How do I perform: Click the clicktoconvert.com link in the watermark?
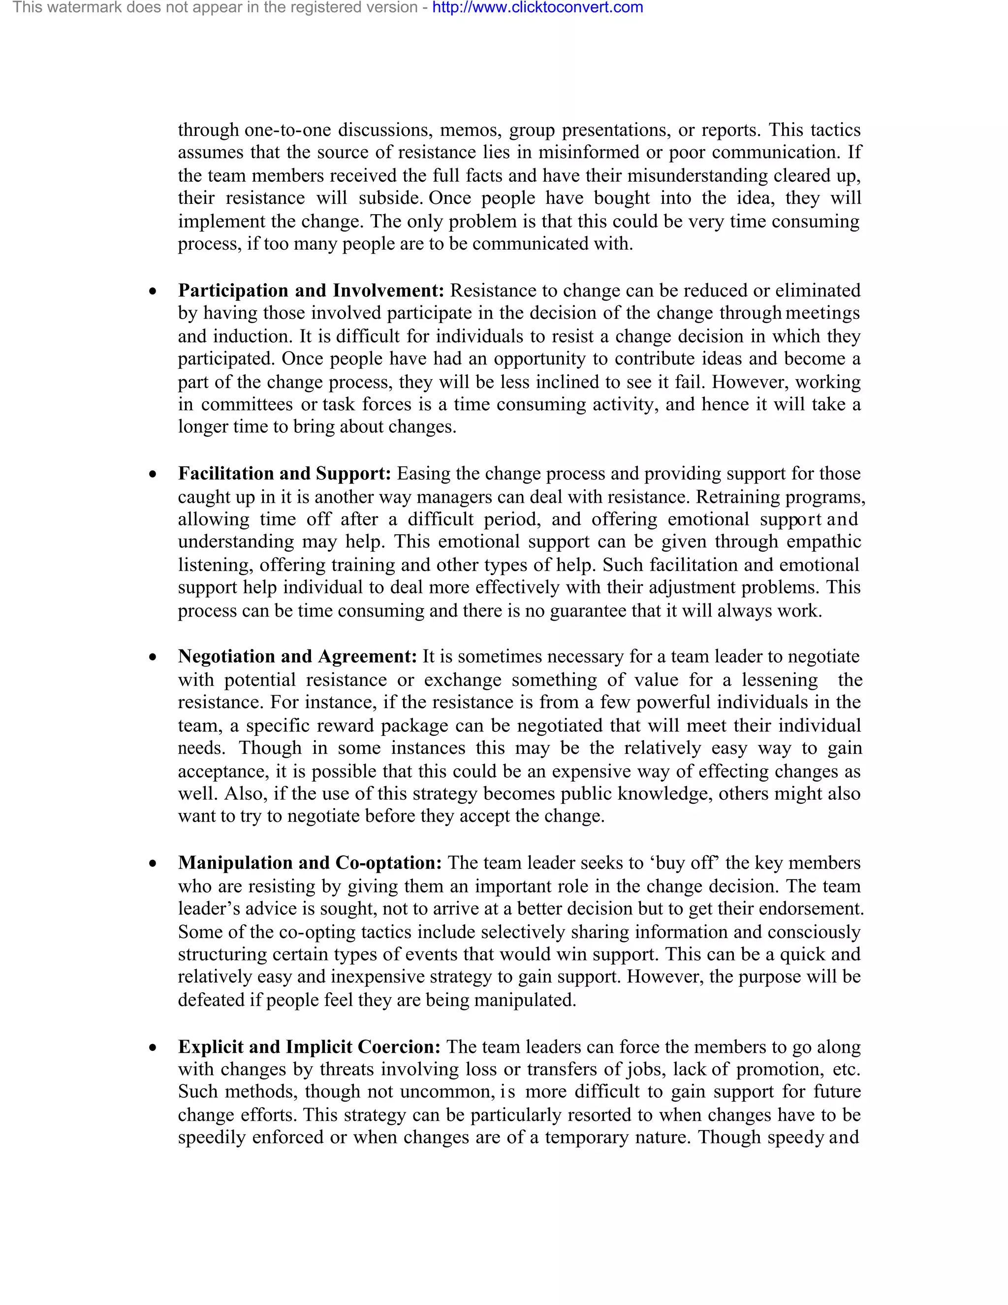click(537, 8)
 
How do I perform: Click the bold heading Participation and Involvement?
click(311, 291)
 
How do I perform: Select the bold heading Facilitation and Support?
click(284, 473)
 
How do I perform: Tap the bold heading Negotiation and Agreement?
click(297, 656)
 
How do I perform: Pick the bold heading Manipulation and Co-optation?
click(309, 863)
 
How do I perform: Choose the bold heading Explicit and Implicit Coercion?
click(309, 1047)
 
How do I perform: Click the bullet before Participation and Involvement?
click(154, 292)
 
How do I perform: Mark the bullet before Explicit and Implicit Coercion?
click(154, 1048)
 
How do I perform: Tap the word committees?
click(247, 404)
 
